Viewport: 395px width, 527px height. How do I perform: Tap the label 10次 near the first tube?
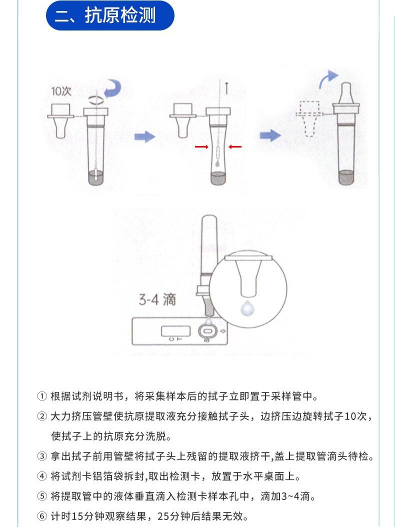point(61,91)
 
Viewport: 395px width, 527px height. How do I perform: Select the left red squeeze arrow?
point(201,146)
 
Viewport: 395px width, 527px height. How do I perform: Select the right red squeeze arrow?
point(235,146)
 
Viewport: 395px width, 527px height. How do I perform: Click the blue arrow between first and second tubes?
point(145,136)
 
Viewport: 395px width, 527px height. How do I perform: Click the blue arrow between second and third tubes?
point(271,135)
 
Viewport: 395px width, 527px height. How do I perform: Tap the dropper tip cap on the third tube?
point(344,93)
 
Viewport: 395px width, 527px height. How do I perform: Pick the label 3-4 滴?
point(157,299)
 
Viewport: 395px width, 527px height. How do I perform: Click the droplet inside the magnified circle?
point(247,308)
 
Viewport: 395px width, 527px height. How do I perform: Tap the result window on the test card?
point(175,330)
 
